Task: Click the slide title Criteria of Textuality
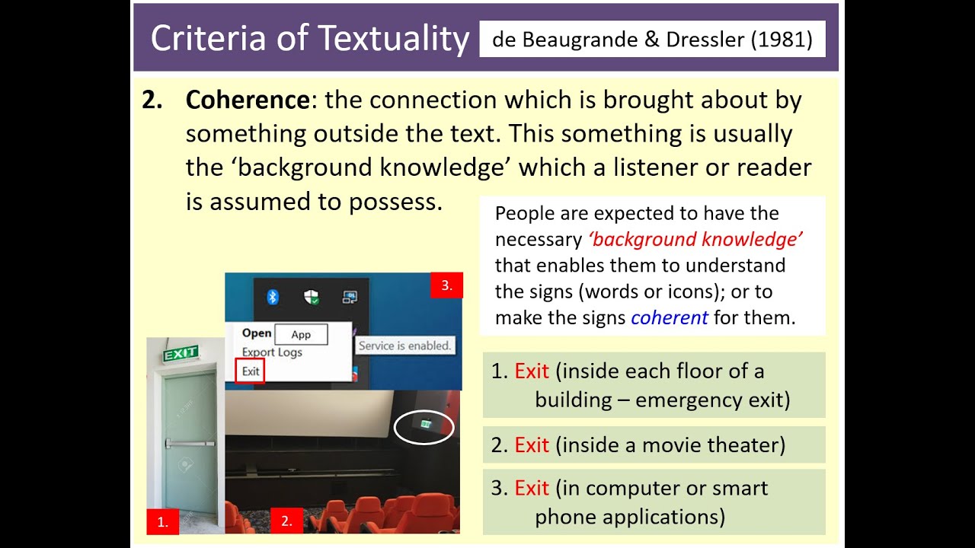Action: click(309, 39)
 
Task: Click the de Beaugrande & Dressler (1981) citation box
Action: click(652, 39)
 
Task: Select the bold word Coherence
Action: click(247, 100)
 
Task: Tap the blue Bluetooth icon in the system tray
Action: click(273, 297)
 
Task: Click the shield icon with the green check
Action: click(312, 297)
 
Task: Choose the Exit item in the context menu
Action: click(251, 371)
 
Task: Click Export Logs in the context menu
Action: click(272, 352)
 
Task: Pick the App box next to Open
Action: click(301, 334)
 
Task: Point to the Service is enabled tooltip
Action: click(405, 346)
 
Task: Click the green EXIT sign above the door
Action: click(181, 352)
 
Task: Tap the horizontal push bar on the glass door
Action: click(190, 443)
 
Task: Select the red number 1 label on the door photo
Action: click(162, 521)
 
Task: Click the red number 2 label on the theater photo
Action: click(286, 521)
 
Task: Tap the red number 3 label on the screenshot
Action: click(446, 286)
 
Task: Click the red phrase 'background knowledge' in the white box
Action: click(695, 240)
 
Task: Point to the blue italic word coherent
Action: click(670, 317)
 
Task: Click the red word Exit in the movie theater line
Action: click(532, 444)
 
